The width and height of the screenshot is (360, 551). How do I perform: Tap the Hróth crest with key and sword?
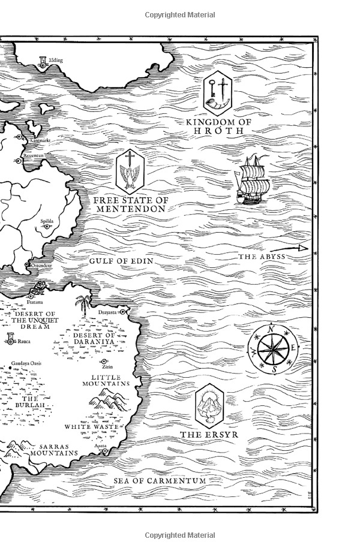coord(217,92)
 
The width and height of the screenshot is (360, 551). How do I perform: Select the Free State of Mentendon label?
coord(131,204)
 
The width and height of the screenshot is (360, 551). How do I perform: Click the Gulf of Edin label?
coord(121,261)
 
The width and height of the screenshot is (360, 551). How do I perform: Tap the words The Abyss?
coord(262,257)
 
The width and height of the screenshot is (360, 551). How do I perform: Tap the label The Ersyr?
coord(209,435)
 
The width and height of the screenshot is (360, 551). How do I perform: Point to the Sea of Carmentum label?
coord(160,481)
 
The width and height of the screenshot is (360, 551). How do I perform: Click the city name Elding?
coord(56,61)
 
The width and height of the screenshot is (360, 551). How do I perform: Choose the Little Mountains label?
coord(106,379)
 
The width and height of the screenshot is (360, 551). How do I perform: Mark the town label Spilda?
coord(47,221)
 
